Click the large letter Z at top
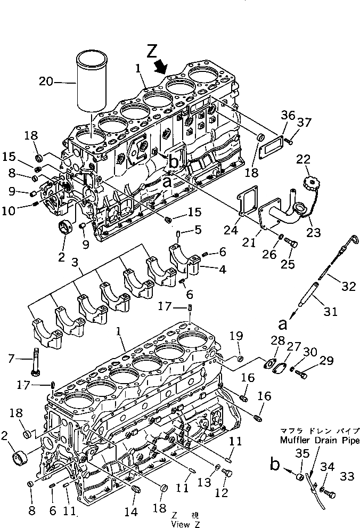pyautogui.click(x=152, y=52)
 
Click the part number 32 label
pyautogui.click(x=348, y=287)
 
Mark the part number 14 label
pyautogui.click(x=130, y=512)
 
